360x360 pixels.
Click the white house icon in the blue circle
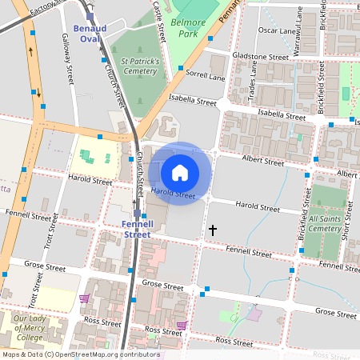(180, 172)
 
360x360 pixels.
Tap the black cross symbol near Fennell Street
(212, 230)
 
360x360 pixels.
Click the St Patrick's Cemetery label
(139, 66)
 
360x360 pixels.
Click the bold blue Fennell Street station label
(137, 230)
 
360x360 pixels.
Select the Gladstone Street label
(260, 58)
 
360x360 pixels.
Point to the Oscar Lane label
(277, 31)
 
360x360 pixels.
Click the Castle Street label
(159, 20)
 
